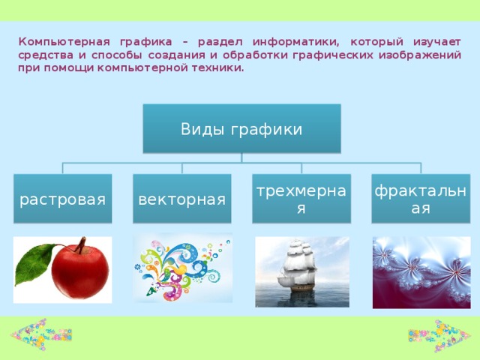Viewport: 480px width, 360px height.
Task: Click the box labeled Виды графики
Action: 241,128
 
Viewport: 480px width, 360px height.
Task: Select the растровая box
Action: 62,199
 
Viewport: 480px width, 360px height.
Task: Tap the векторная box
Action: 181,199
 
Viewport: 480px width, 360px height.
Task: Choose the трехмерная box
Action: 301,199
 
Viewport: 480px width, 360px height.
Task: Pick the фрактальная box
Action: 421,199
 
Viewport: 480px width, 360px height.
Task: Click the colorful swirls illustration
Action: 182,268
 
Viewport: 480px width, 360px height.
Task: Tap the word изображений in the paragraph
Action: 425,55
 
